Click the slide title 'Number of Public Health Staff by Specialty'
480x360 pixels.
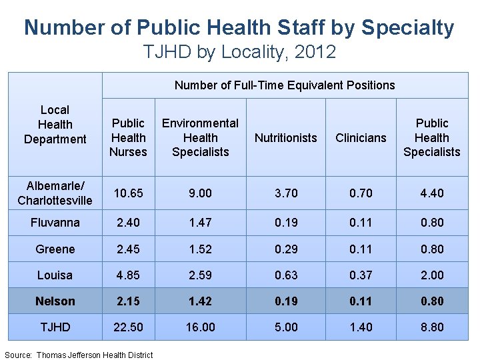pyautogui.click(x=239, y=28)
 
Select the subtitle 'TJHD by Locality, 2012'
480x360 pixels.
pyautogui.click(x=239, y=52)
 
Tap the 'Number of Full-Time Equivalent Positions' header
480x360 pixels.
pyautogui.click(x=285, y=85)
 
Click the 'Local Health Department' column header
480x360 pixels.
pyautogui.click(x=55, y=124)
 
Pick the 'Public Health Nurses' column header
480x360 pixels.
pyautogui.click(x=128, y=137)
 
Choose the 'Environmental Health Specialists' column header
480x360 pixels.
pyautogui.click(x=200, y=137)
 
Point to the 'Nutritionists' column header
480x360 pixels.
pyautogui.click(x=286, y=138)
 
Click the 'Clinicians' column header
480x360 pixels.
pyautogui.click(x=361, y=138)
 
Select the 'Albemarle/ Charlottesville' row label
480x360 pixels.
pyautogui.click(x=55, y=193)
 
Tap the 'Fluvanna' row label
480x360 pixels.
pyautogui.click(x=55, y=223)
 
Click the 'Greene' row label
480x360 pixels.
pyautogui.click(x=55, y=249)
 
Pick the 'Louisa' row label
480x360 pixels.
pyautogui.click(x=55, y=275)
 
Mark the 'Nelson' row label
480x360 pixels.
pyautogui.click(x=55, y=301)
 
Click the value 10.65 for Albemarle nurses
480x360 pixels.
pyautogui.click(x=128, y=193)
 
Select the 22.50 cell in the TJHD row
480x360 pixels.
pyautogui.click(x=128, y=327)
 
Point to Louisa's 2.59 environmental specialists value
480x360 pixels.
pyautogui.click(x=200, y=275)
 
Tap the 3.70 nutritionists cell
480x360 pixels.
pyautogui.click(x=286, y=193)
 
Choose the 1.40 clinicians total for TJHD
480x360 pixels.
pyautogui.click(x=361, y=327)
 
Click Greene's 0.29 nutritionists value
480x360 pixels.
pyautogui.click(x=286, y=249)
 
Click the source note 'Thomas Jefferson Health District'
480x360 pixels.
pyautogui.click(x=95, y=355)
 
